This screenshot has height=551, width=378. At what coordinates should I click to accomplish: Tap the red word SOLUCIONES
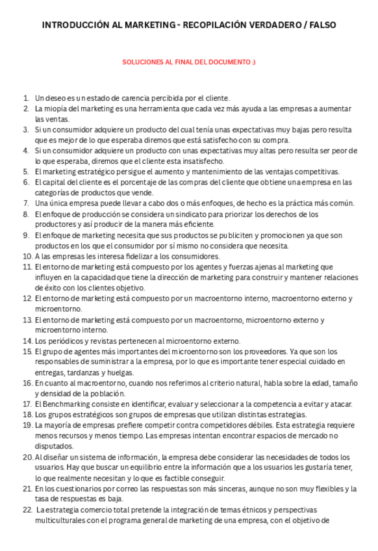(x=142, y=62)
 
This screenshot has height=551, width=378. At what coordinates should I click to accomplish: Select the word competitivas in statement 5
(x=316, y=172)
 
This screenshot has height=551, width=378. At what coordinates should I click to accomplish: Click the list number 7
(x=26, y=203)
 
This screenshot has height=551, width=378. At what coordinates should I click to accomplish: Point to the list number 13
(x=27, y=320)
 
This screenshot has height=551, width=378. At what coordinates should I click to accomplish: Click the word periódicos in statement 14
(x=64, y=340)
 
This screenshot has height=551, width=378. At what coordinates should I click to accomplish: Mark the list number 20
(x=27, y=457)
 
